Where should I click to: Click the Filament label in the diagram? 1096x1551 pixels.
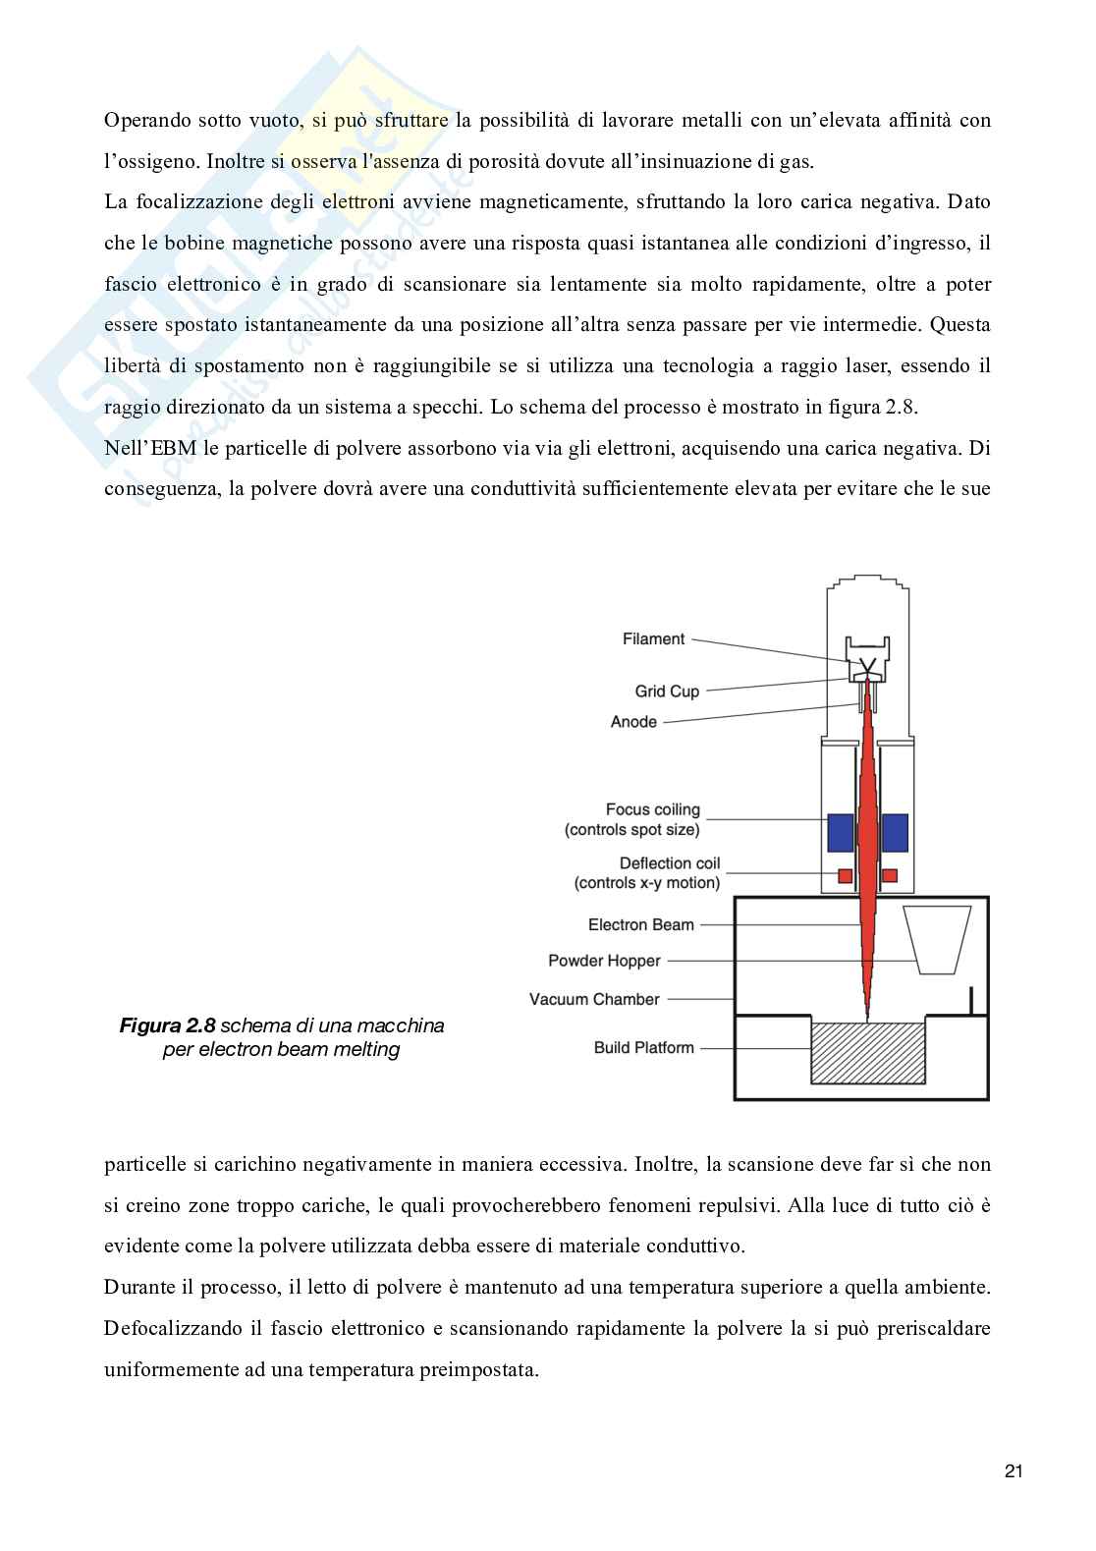(653, 639)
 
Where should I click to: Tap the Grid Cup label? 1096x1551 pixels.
(667, 692)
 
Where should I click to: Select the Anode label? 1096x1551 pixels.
(633, 722)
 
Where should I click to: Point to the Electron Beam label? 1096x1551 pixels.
(640, 924)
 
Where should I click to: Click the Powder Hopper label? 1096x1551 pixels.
(604, 961)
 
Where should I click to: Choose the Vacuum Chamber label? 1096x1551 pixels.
(594, 999)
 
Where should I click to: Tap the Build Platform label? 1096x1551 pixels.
(643, 1047)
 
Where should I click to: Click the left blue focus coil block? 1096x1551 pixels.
(841, 833)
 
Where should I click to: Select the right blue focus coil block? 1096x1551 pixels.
(895, 833)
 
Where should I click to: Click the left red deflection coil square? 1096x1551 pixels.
(844, 874)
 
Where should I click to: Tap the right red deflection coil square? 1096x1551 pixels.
(890, 874)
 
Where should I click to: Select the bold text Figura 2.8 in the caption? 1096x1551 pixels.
(166, 1026)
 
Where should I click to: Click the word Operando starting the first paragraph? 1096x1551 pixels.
(144, 121)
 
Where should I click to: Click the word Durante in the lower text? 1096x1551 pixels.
(137, 1288)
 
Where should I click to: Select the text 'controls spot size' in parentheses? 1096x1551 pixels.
(632, 830)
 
